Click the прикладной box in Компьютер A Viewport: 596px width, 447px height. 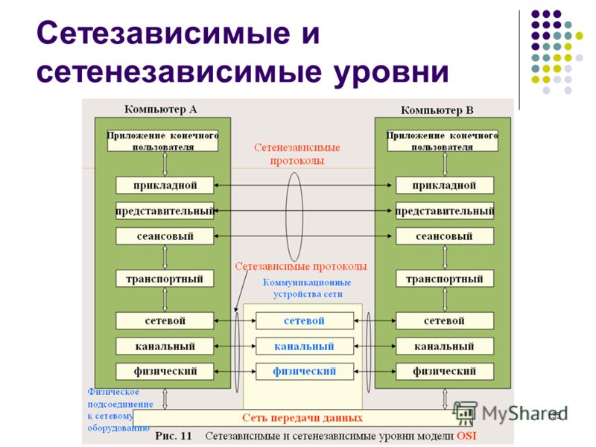[165, 185]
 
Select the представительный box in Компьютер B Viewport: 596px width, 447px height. [445, 211]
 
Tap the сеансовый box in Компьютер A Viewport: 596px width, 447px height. [165, 236]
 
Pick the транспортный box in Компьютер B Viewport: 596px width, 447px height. [445, 279]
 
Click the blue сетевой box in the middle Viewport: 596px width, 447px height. [305, 320]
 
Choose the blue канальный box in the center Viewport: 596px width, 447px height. [305, 346]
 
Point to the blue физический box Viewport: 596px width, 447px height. [305, 370]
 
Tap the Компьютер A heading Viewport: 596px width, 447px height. [161, 109]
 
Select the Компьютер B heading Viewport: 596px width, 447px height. [437, 110]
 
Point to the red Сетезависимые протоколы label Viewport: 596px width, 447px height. [301, 266]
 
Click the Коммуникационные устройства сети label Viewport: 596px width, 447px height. [306, 288]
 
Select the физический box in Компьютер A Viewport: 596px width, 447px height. [165, 370]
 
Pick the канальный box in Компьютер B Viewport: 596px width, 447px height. [445, 346]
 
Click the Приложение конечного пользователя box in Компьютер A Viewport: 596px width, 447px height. [162, 141]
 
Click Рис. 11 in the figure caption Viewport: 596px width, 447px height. [176, 434]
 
